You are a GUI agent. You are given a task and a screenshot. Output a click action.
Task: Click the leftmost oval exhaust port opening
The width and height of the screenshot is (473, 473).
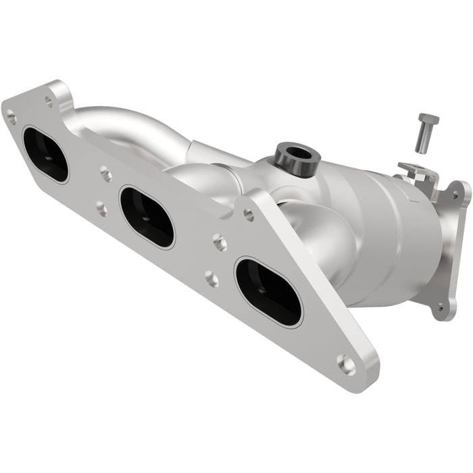45,154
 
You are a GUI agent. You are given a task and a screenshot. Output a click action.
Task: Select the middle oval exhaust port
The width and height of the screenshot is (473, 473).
147,217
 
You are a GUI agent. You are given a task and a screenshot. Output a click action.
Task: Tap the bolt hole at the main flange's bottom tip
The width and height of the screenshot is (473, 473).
347,365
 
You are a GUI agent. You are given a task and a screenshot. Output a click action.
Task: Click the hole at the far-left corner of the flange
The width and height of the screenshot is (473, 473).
11,117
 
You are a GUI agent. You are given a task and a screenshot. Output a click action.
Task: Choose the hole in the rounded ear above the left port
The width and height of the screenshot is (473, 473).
49,101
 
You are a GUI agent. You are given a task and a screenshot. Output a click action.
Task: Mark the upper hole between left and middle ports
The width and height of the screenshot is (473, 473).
106,175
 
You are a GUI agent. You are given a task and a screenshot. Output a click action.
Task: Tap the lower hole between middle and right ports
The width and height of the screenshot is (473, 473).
211,278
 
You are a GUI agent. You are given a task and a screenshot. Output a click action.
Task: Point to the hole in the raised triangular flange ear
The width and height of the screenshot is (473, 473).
249,215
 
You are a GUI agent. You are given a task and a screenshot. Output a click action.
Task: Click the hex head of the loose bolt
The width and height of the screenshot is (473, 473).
428,120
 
